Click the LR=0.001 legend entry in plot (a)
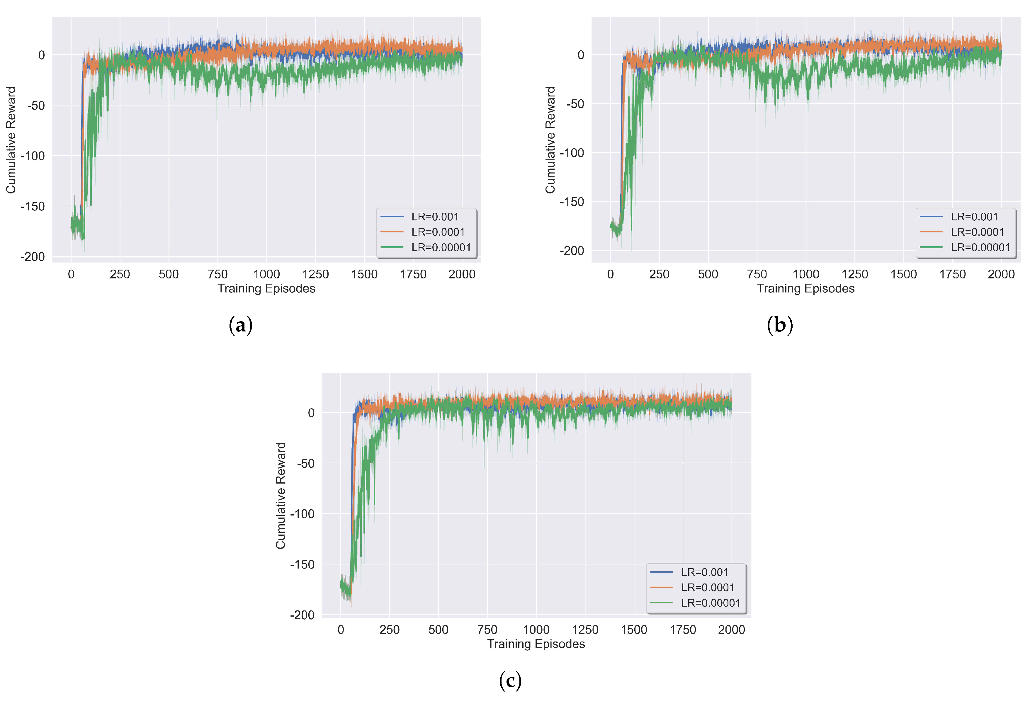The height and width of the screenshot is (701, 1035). tap(419, 217)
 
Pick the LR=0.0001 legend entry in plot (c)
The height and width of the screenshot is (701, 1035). tap(692, 587)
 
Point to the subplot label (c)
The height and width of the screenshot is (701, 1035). tap(510, 680)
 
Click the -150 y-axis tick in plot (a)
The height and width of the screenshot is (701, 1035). tap(33, 206)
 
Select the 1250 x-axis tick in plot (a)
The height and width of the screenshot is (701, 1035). tap(315, 274)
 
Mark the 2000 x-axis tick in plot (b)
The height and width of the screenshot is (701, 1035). tap(1001, 274)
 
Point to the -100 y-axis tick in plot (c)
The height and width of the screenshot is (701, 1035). tap(302, 514)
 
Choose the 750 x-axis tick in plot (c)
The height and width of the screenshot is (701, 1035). tap(487, 630)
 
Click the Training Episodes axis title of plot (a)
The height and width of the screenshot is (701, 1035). tap(266, 289)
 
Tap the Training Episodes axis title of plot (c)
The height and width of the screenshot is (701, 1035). tap(536, 644)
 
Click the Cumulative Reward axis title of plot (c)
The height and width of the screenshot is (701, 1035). tap(281, 496)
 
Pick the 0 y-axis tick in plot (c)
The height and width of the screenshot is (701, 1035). tap(311, 413)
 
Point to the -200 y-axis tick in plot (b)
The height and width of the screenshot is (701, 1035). tap(572, 251)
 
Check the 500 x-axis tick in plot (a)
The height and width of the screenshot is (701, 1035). tap(169, 274)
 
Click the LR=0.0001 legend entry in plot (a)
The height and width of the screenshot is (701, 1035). tap(423, 232)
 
